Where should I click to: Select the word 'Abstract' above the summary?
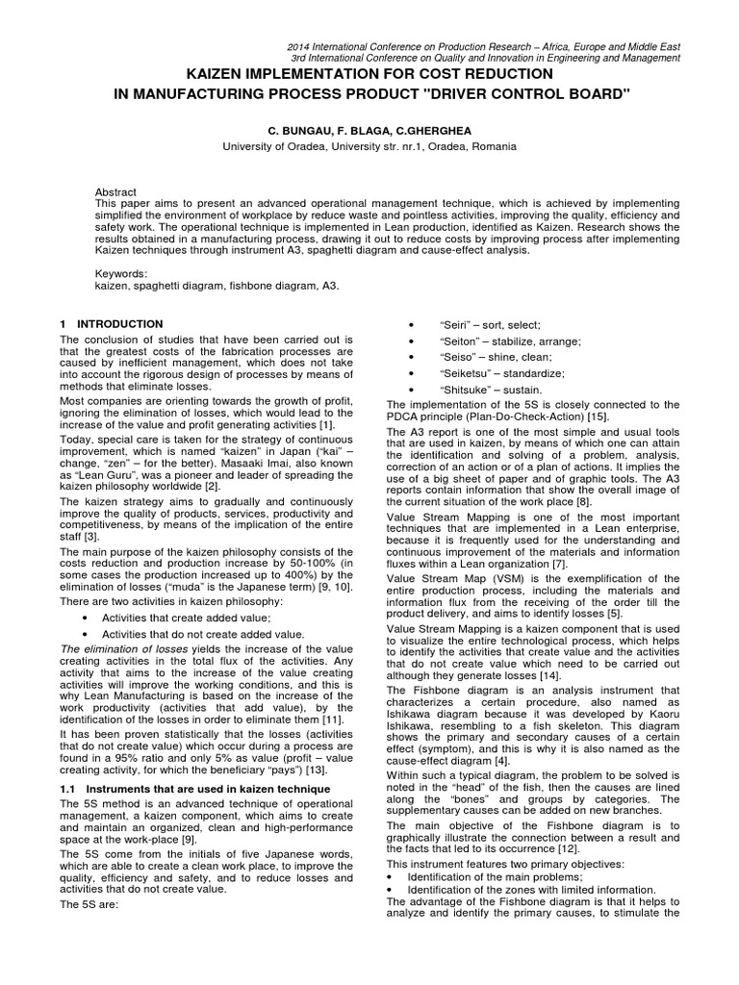[116, 192]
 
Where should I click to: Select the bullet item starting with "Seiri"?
[490, 325]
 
